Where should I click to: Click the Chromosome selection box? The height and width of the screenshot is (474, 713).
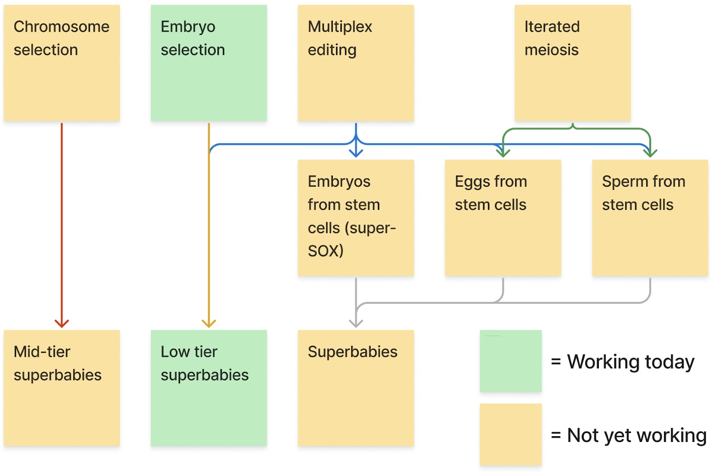point(62,63)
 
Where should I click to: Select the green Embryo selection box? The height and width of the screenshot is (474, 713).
point(209,63)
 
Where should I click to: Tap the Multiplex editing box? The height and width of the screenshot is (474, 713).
point(356,63)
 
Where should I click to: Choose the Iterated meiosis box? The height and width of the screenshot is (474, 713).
point(573,63)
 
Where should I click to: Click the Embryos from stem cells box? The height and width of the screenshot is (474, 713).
point(356,217)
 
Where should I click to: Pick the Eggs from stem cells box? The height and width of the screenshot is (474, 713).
point(503,217)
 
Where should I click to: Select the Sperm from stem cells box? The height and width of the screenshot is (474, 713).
point(650,217)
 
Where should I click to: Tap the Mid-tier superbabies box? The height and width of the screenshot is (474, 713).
point(62,388)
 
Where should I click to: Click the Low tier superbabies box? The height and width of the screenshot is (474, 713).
point(209,388)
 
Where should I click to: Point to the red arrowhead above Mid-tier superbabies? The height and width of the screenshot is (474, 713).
point(62,324)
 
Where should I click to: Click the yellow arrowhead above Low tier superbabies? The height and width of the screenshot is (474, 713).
point(209,324)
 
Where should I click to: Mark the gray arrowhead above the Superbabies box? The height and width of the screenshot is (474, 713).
point(356,324)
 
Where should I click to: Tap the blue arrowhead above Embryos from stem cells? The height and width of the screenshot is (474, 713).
point(356,153)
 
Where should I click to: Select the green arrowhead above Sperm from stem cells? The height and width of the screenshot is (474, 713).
point(650,153)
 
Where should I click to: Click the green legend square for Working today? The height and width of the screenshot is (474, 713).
point(511,361)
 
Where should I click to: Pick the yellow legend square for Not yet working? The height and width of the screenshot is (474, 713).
point(511,434)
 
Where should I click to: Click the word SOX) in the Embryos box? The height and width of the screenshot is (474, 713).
point(326,251)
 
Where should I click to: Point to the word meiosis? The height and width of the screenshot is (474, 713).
point(552,50)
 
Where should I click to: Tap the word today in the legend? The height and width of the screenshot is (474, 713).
point(670,363)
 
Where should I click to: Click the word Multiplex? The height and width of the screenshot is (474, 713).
point(340,27)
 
